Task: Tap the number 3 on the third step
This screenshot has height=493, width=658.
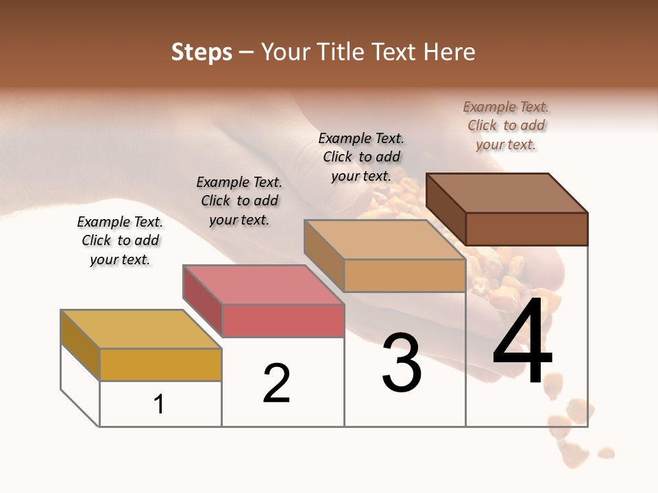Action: [402, 363]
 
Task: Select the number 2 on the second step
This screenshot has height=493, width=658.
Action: [277, 383]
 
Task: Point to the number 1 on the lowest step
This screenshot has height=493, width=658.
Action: [159, 404]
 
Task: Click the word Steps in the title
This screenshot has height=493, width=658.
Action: [202, 52]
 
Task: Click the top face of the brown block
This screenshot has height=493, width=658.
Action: [507, 192]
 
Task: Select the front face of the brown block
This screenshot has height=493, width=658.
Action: [526, 229]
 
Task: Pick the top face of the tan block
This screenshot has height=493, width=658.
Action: [385, 240]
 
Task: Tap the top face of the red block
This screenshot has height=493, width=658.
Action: [263, 285]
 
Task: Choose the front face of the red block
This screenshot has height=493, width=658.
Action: [282, 321]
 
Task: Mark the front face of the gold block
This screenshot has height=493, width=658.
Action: [160, 364]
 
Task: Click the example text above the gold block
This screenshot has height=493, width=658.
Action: [120, 241]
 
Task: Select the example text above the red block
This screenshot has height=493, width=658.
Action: [239, 201]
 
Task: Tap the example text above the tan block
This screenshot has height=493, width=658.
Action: [361, 157]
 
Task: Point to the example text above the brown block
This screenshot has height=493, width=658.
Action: [506, 126]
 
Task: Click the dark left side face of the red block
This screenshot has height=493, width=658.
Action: [202, 301]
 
